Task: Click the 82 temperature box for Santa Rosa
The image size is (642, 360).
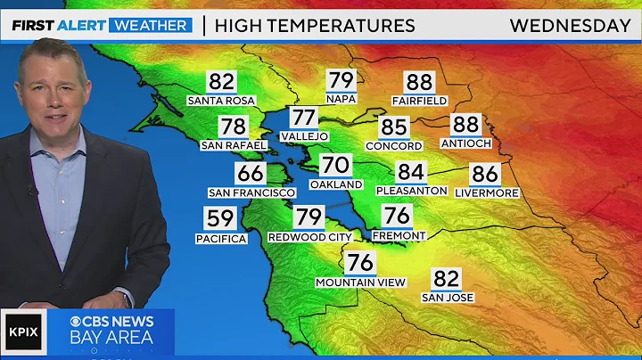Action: tap(221, 83)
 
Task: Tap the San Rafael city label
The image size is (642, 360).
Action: tap(235, 145)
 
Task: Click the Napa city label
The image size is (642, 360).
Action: tap(341, 99)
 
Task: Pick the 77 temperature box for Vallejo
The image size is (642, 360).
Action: tap(304, 118)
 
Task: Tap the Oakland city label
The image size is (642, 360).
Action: tap(336, 184)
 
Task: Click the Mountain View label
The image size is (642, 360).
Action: tap(360, 282)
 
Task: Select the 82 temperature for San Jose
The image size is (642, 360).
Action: tap(448, 279)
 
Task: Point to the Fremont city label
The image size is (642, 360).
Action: tap(398, 235)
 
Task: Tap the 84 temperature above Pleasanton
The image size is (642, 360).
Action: tap(410, 171)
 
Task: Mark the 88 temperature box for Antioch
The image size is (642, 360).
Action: tap(465, 125)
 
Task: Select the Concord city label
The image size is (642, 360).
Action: tap(393, 146)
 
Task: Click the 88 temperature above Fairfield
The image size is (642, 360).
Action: tap(419, 83)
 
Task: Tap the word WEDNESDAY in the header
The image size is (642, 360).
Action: tap(570, 25)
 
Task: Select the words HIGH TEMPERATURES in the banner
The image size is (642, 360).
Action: tap(315, 25)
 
